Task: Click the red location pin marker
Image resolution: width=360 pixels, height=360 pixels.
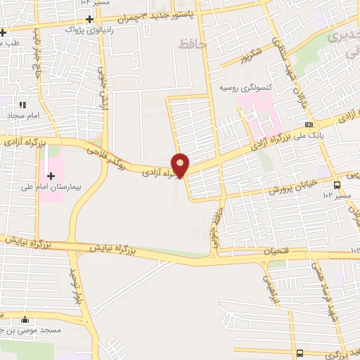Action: coord(181,165)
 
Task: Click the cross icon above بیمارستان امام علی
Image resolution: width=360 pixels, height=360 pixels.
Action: coord(51,175)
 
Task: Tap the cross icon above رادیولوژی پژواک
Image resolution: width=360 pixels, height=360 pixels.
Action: coord(89,18)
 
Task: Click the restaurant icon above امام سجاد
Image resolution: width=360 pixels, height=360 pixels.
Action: coord(22,105)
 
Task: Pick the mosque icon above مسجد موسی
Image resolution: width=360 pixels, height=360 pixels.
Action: coord(25,319)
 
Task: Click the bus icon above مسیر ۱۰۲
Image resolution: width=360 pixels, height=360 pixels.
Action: coord(337,186)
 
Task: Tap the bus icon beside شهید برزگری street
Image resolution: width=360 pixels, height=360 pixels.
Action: coord(300,353)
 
